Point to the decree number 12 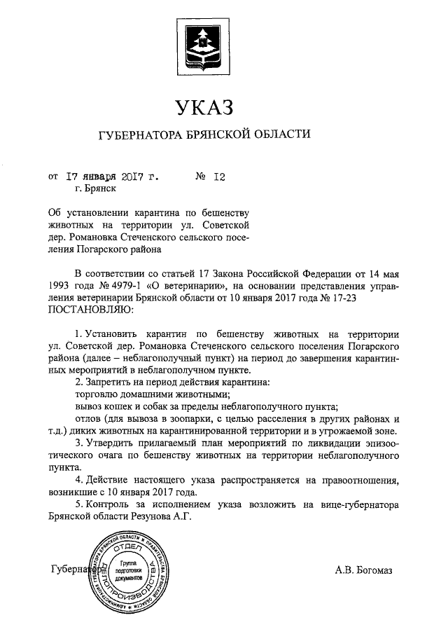218,177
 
